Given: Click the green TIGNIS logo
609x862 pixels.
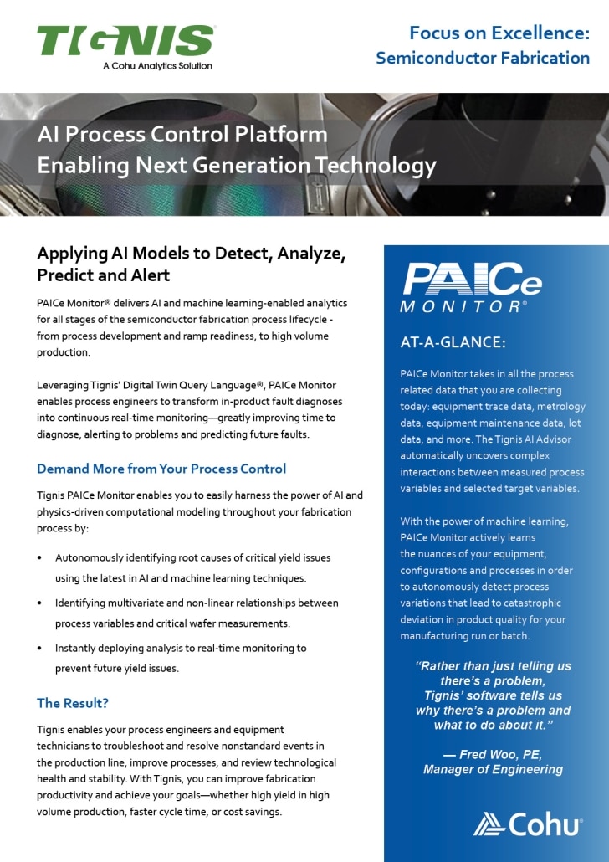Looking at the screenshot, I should pyautogui.click(x=125, y=41).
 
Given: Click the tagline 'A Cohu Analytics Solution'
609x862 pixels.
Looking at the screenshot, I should pyautogui.click(x=157, y=65).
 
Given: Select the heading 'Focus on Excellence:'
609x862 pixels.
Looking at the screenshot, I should pyautogui.click(x=499, y=33).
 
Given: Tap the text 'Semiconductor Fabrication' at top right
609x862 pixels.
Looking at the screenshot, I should pyautogui.click(x=483, y=58).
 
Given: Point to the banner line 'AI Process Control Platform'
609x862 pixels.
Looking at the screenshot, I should pyautogui.click(x=182, y=134).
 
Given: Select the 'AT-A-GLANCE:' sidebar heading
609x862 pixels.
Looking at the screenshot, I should pyautogui.click(x=452, y=342).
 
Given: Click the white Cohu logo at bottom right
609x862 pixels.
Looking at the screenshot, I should pyautogui.click(x=529, y=824).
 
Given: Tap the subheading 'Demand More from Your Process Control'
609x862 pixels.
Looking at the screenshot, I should pyautogui.click(x=161, y=469).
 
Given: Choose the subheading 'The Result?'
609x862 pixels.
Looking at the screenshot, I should pyautogui.click(x=73, y=703).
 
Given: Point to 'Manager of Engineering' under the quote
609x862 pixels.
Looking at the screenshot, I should pyautogui.click(x=493, y=769).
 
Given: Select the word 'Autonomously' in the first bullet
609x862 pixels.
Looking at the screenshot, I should pyautogui.click(x=90, y=557).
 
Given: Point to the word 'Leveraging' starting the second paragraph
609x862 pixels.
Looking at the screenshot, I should pyautogui.click(x=64, y=385).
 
